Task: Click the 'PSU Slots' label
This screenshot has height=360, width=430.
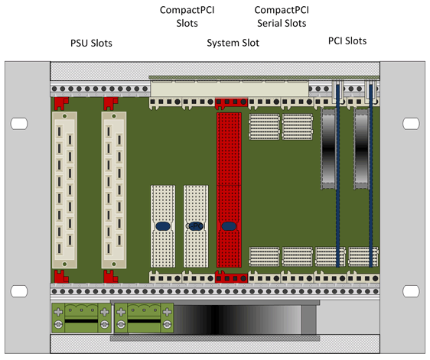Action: click(91, 43)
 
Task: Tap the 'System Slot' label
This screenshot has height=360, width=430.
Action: click(233, 43)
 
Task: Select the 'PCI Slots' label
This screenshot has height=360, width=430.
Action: click(347, 41)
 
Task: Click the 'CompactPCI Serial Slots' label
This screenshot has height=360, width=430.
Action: click(282, 17)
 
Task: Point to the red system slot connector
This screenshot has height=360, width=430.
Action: click(229, 190)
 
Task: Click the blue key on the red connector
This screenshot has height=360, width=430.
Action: click(229, 226)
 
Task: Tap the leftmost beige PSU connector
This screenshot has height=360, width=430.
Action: click(64, 190)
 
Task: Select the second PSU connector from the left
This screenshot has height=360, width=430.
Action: click(114, 190)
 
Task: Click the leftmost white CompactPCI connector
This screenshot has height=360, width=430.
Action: click(163, 226)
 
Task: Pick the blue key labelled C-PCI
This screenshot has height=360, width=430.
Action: click(196, 226)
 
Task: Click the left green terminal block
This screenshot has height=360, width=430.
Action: click(81, 318)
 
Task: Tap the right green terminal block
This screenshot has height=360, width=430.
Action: click(144, 318)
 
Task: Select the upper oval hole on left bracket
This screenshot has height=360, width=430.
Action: click(19, 124)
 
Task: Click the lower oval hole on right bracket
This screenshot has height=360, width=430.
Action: click(411, 291)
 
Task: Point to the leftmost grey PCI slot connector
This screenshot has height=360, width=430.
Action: click(328, 148)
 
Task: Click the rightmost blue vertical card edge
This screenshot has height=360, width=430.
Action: click(371, 175)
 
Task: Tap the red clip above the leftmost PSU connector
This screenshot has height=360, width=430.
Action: click(61, 103)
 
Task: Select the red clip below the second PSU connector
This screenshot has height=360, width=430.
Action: click(110, 276)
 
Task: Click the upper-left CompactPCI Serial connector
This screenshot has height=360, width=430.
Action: click(265, 127)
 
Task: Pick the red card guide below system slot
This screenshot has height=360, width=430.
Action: click(231, 277)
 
